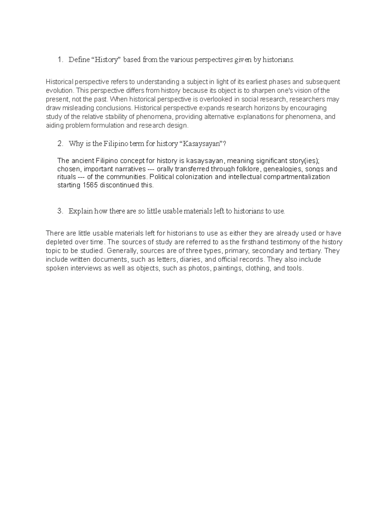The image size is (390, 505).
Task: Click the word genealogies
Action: [283, 169]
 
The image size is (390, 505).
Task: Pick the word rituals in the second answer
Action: [66, 177]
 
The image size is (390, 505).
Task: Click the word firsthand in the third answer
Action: [253, 242]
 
